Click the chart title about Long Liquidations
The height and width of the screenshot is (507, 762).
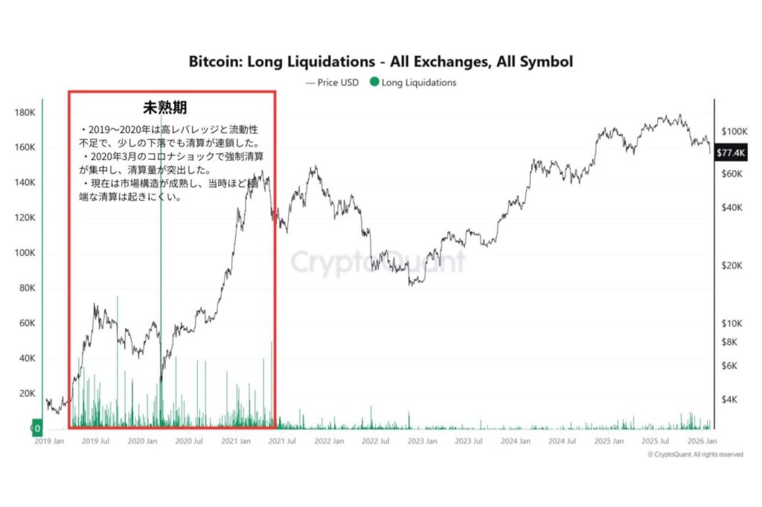tap(381, 61)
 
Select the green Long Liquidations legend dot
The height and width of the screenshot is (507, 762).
tap(374, 83)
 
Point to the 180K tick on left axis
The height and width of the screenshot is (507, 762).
tap(25, 112)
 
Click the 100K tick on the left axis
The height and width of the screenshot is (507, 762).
tap(25, 253)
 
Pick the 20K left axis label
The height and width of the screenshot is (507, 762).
tap(27, 393)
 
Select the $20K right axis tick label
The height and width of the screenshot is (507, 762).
tap(734, 265)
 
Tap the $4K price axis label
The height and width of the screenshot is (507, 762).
tap(731, 399)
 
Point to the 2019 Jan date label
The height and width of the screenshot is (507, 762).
tap(51, 441)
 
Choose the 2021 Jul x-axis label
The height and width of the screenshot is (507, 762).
tap(281, 441)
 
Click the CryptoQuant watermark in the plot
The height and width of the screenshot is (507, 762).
tap(377, 262)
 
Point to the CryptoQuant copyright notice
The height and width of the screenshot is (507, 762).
tap(694, 454)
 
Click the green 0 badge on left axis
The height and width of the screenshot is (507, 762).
tap(36, 428)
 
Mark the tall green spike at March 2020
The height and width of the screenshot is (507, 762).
tap(161, 223)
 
